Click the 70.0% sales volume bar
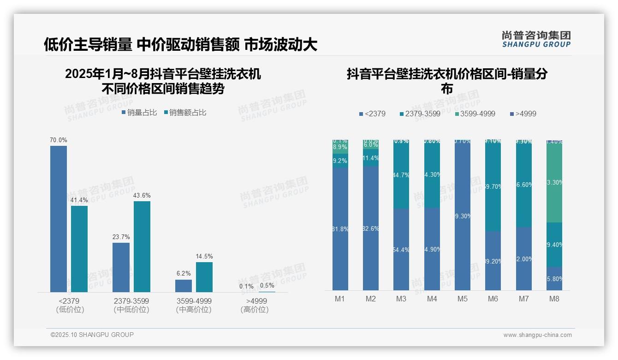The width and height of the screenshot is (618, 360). (x=59, y=219)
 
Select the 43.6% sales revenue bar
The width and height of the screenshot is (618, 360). (x=142, y=246)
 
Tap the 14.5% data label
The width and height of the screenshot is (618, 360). (x=204, y=257)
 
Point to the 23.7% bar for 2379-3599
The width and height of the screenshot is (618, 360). (x=121, y=267)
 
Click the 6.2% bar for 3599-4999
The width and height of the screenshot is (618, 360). (x=184, y=286)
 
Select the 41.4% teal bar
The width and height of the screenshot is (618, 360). (x=79, y=249)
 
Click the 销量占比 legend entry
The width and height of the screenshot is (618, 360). (x=139, y=113)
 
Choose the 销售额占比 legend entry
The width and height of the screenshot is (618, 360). (x=185, y=113)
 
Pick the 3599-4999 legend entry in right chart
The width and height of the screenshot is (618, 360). (x=475, y=114)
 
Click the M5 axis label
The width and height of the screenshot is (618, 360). (x=463, y=299)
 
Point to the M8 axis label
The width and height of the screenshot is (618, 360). (x=554, y=299)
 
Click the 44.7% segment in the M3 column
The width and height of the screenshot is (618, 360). (x=401, y=175)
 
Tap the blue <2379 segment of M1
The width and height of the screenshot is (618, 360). (x=340, y=228)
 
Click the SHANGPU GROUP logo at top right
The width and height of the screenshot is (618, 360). (x=536, y=39)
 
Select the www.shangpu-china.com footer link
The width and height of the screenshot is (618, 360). (x=537, y=335)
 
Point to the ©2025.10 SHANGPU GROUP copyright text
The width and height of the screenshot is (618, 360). (x=92, y=335)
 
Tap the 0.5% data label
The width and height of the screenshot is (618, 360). (x=267, y=286)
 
